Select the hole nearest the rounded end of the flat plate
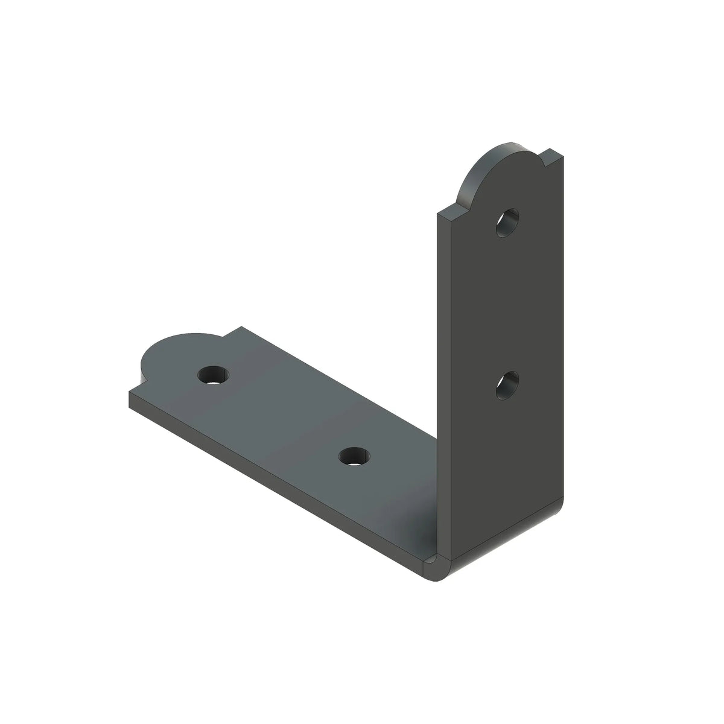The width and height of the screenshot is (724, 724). (x=213, y=375)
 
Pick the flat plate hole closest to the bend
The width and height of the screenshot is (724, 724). (x=355, y=455)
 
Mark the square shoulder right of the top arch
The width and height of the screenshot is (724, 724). (x=552, y=158)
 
